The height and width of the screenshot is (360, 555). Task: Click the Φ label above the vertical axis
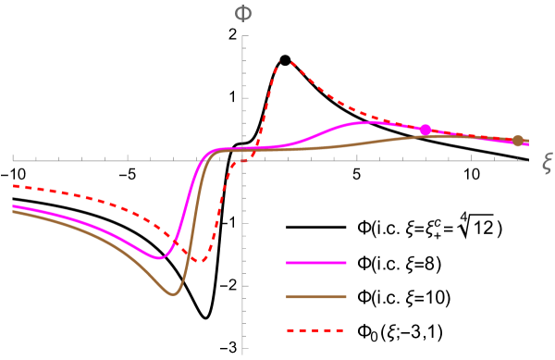coord(243,13)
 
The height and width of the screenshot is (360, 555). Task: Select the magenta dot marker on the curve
coord(425,130)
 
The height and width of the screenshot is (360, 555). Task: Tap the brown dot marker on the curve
coord(518,141)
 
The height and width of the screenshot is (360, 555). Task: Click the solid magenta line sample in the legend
coord(316,263)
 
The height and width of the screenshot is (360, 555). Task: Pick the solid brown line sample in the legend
coord(316,297)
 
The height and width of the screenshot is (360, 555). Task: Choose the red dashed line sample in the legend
coord(316,330)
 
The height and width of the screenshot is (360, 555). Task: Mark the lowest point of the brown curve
coord(173,294)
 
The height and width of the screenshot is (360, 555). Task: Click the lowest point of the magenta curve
coord(159,258)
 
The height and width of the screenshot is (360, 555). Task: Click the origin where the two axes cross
coord(243,160)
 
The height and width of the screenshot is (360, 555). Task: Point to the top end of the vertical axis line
coord(243,35)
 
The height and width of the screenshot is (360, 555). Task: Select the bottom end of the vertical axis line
coord(243,353)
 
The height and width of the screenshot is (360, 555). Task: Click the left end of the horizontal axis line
coord(12,160)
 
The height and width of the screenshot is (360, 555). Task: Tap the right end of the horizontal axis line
coord(528,160)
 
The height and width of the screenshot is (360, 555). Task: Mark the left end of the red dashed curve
coord(13,186)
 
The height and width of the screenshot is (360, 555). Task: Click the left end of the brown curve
coord(13,212)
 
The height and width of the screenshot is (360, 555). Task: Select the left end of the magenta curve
coord(13,205)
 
